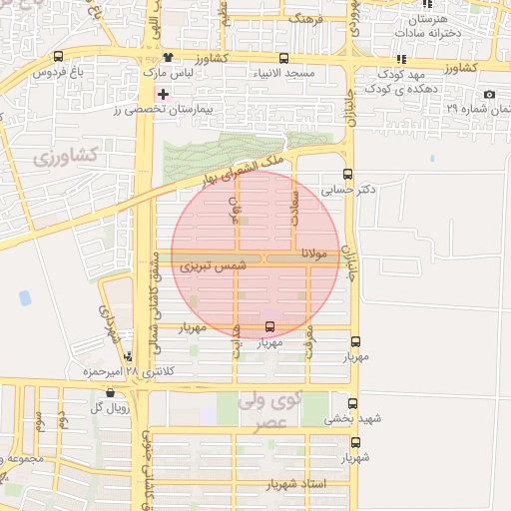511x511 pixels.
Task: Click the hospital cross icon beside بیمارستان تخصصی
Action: click(164, 93)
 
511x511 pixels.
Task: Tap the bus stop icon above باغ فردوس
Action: click(57, 57)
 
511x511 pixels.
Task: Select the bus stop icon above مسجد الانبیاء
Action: click(284, 58)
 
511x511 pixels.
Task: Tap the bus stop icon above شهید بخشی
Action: click(347, 404)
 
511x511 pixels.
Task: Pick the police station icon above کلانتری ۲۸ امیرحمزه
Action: click(142, 356)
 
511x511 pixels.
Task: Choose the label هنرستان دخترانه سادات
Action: click(428, 26)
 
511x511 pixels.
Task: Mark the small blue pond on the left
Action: click(25, 297)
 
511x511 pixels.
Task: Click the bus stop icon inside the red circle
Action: click(269, 326)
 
